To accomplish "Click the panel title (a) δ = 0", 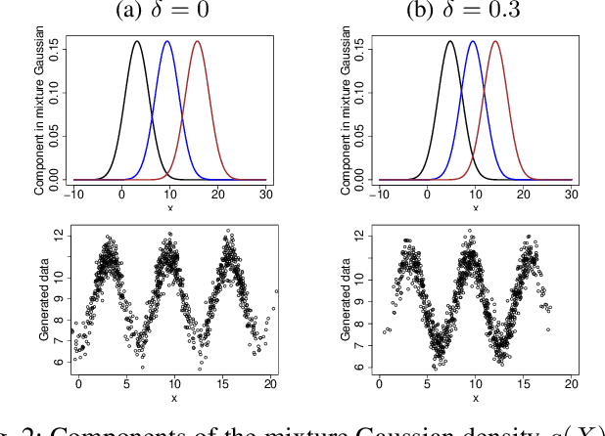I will tap(168, 13).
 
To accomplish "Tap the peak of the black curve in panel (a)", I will tap(137, 41).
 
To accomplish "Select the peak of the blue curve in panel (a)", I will tap(167, 41).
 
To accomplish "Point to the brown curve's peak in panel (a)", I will tap(198, 41).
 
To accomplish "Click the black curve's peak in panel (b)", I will tap(449, 41).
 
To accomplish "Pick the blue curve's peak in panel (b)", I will tap(473, 41).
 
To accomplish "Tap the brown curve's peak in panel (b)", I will tap(495, 41).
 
